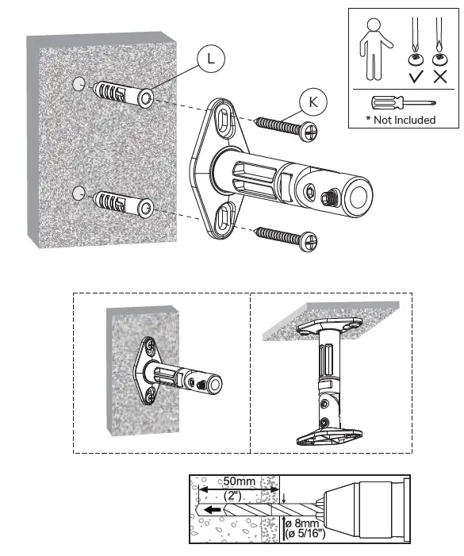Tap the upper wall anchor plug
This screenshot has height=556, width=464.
coord(124,96)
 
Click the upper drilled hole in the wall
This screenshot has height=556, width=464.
coord(78,84)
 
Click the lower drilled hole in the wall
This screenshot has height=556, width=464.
coord(78,192)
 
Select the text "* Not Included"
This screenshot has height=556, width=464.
coord(401,120)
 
